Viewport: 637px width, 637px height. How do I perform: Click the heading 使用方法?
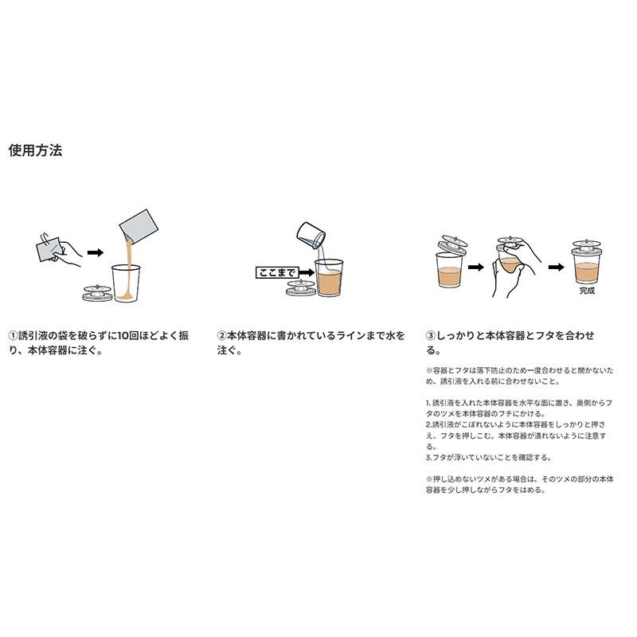pyautogui.click(x=35, y=150)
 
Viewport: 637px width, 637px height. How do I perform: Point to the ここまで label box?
pyautogui.click(x=275, y=272)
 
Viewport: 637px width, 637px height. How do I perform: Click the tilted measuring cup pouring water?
pyautogui.click(x=311, y=233)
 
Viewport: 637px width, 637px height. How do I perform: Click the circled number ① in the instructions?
pyautogui.click(x=14, y=336)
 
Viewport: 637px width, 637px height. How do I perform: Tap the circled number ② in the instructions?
pyautogui.click(x=223, y=336)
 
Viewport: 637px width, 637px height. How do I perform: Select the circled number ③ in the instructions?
pyautogui.click(x=432, y=336)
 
